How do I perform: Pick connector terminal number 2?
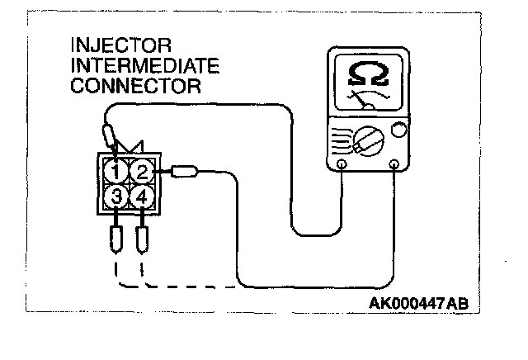pos(143,173)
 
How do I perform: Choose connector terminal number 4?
pos(143,197)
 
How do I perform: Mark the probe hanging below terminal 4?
pos(144,239)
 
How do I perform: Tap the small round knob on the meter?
pos(398,130)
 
